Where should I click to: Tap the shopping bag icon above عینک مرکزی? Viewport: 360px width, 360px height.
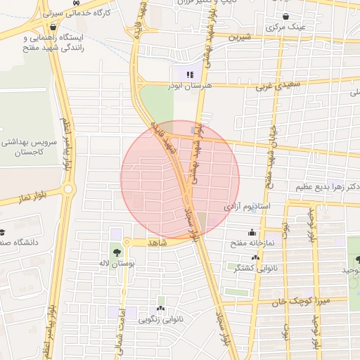[x=285, y=16]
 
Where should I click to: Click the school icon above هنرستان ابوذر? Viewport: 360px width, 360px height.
[x=188, y=74]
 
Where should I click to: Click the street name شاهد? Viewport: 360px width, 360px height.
[x=155, y=242]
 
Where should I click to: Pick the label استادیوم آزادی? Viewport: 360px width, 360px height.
[x=247, y=208]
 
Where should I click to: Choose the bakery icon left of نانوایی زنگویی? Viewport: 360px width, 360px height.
[x=161, y=309]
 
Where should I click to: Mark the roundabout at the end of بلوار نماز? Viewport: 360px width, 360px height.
[x=68, y=188]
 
